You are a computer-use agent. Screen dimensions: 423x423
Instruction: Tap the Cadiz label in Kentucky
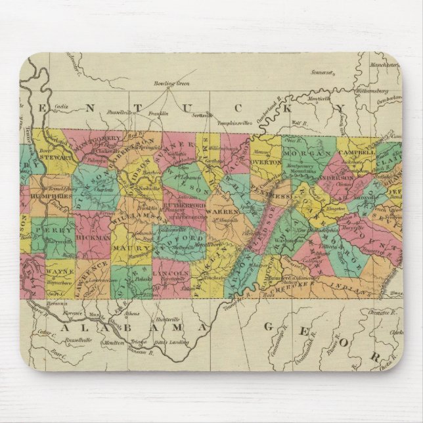point(61,106)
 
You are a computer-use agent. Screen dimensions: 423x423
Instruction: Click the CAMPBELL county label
point(357,152)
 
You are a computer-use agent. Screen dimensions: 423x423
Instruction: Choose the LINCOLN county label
point(171,272)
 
